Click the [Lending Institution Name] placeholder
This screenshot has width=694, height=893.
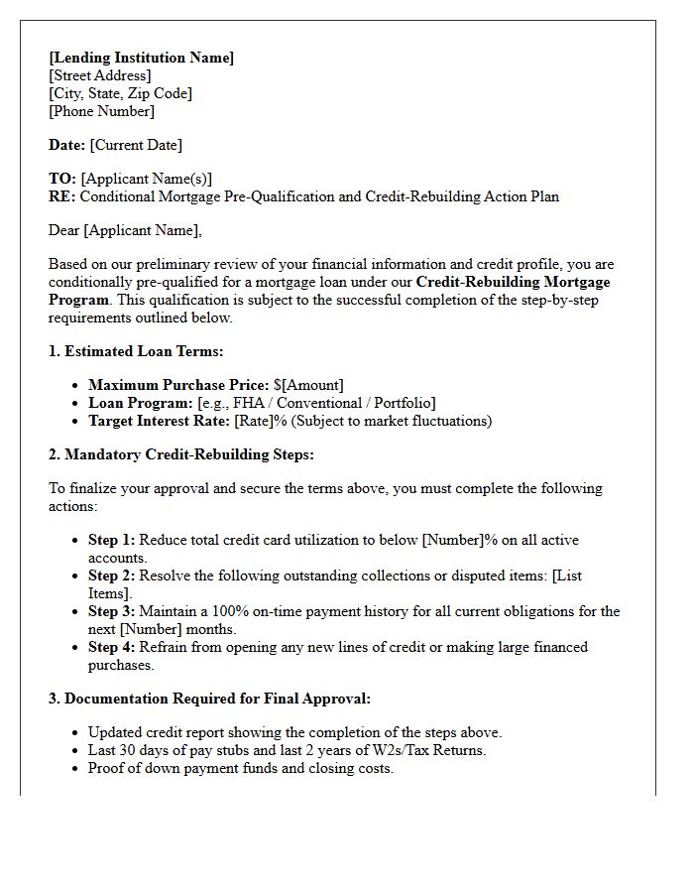pyautogui.click(x=141, y=58)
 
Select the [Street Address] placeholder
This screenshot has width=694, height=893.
pyautogui.click(x=100, y=75)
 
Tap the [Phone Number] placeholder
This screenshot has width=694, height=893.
pyautogui.click(x=101, y=111)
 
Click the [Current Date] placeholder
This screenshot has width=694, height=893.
pyautogui.click(x=136, y=145)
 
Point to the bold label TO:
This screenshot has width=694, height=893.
pyautogui.click(x=62, y=179)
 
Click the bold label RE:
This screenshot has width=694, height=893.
pyautogui.click(x=62, y=196)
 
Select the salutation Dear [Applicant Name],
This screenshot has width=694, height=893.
pyautogui.click(x=125, y=230)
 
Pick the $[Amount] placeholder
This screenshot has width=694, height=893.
pyautogui.click(x=308, y=385)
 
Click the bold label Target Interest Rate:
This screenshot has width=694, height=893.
pyautogui.click(x=159, y=421)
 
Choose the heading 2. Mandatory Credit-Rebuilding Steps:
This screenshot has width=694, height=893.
pyautogui.click(x=180, y=454)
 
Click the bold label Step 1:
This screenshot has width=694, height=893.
pyautogui.click(x=111, y=540)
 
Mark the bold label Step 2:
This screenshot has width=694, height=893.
pyautogui.click(x=111, y=575)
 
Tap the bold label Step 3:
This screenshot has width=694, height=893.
pyautogui.click(x=111, y=611)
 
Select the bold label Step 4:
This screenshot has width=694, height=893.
pyautogui.click(x=111, y=647)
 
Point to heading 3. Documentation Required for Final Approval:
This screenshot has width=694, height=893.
pyautogui.click(x=209, y=699)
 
